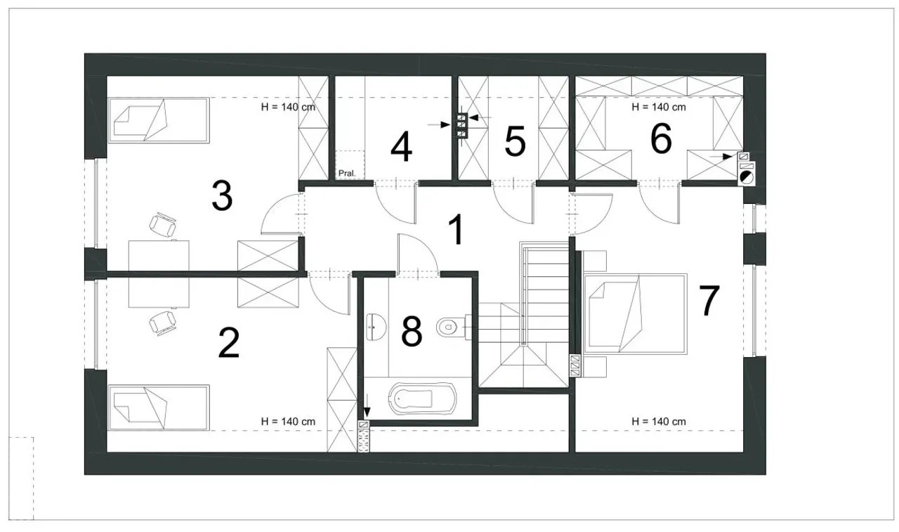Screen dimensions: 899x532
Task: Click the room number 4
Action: click(x=401, y=147)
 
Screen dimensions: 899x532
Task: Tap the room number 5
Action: click(x=516, y=141)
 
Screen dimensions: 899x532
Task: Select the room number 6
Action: click(x=661, y=139)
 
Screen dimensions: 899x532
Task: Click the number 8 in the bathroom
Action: click(x=412, y=331)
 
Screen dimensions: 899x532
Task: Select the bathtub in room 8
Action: click(x=423, y=398)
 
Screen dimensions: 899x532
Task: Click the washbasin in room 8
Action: click(x=376, y=327)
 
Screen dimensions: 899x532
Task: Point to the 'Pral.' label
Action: click(x=347, y=174)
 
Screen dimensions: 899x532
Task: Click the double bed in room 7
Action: click(x=636, y=313)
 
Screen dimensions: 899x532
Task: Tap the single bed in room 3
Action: click(x=159, y=120)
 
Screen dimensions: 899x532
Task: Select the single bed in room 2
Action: click(x=159, y=408)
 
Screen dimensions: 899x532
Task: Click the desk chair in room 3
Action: click(x=162, y=224)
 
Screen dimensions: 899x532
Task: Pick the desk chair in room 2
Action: click(x=162, y=323)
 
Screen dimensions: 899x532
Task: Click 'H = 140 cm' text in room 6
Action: click(x=659, y=108)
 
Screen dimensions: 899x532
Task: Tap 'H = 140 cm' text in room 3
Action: click(x=288, y=108)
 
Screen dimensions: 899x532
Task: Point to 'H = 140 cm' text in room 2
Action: click(x=288, y=422)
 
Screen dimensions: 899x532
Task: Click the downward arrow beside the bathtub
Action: click(x=367, y=406)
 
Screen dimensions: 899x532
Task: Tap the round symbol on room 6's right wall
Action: click(x=747, y=177)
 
